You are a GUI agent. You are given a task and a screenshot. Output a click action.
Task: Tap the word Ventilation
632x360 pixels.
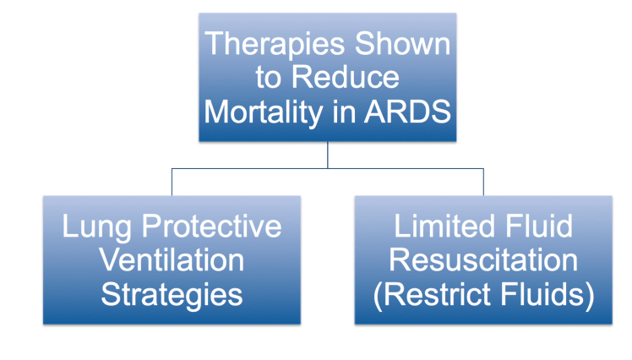[172, 261]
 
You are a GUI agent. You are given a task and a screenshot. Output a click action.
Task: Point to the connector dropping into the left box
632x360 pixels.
[172, 182]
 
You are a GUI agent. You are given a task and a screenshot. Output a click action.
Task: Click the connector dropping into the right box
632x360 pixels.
[484, 182]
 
